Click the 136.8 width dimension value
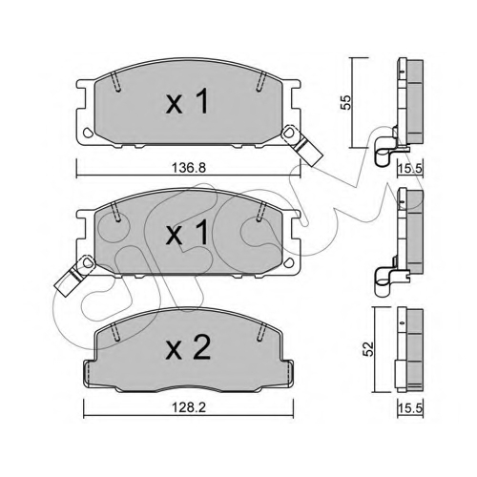[x=189, y=168]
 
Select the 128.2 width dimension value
[x=189, y=407]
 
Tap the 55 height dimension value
[x=345, y=102]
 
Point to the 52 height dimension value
[x=368, y=348]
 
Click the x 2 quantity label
[x=188, y=348]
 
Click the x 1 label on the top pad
[x=187, y=101]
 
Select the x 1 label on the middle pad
[x=187, y=233]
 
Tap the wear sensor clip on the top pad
[x=301, y=145]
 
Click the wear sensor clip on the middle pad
[x=75, y=276]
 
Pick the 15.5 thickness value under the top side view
[x=410, y=168]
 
